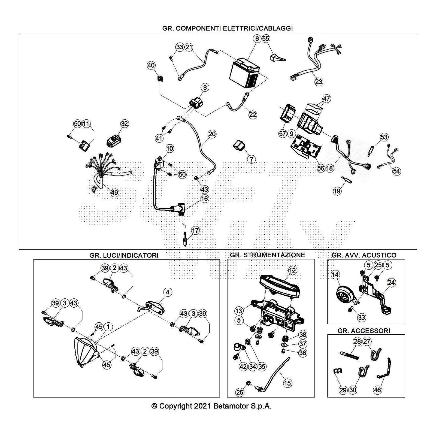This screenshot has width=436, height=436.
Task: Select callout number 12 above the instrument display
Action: pos(292,270)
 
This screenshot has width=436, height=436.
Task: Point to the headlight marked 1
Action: pos(84,352)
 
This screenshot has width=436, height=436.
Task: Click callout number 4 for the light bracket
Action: pos(168,292)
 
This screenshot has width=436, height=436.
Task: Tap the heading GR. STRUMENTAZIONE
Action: pos(267,255)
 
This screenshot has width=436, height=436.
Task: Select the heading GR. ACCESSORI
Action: pos(364,331)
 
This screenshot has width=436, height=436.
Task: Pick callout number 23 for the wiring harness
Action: pos(319,81)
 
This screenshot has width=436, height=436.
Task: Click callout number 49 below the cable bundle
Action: pos(114,193)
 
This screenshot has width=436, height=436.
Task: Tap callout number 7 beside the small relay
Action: pos(251,159)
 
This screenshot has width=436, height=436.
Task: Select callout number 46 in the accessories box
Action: pos(377,390)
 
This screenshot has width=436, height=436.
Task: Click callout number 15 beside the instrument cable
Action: pos(287,383)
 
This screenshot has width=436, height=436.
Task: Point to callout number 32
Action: pos(124,124)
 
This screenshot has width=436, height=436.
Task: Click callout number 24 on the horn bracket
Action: pos(391,283)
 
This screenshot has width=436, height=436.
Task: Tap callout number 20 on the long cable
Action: pos(212,134)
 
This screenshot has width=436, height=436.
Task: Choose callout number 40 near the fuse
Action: pos(151,65)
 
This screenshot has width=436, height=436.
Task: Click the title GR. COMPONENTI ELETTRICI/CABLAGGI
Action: pos(227,28)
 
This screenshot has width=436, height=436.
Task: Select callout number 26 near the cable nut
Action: pos(240,392)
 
